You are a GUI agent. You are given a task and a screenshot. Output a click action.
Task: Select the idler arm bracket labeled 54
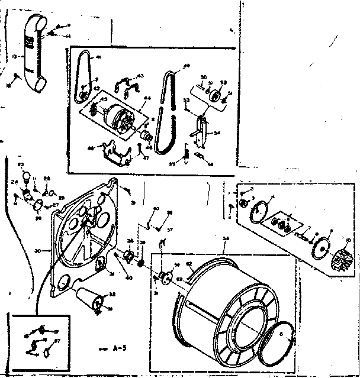[x=201, y=130]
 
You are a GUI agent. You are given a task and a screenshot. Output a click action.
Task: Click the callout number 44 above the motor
[x=146, y=98]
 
